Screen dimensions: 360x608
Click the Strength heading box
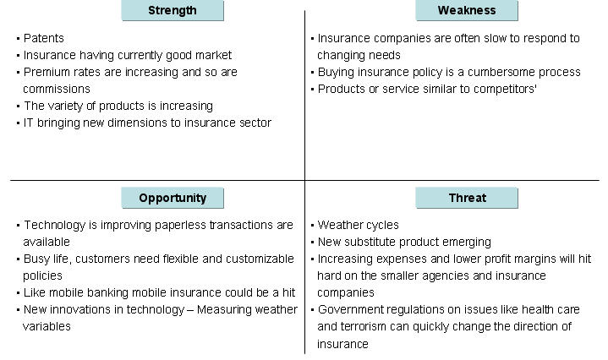[x=173, y=11]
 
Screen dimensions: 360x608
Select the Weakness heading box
[x=467, y=11]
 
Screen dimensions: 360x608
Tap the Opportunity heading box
[x=173, y=198]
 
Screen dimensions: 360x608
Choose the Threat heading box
[x=467, y=198]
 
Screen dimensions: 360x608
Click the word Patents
[x=44, y=38]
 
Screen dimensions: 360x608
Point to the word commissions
[x=57, y=89]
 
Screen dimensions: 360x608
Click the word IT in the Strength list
[x=29, y=123]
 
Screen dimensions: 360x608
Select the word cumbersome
[x=493, y=72]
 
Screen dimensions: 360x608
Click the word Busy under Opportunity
[x=37, y=259]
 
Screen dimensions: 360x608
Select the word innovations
[x=80, y=309]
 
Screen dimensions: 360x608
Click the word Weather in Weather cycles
[x=339, y=225]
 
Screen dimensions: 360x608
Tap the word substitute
[x=373, y=242]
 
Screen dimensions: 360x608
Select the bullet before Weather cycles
[x=312, y=226]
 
